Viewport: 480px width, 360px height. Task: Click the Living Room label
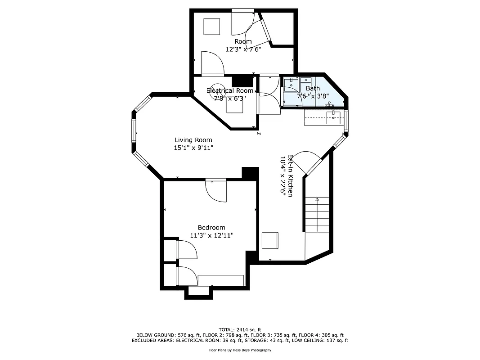point(193,140)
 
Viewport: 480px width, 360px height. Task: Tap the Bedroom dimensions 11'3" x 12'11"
point(211,235)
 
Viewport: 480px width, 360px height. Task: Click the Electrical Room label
point(229,90)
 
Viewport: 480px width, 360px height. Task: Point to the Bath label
point(313,89)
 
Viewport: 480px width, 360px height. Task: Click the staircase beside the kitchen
point(317,215)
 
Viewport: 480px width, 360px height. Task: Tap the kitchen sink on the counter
point(333,118)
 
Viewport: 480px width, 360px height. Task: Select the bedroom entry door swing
point(216,191)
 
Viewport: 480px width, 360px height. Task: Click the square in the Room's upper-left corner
point(211,27)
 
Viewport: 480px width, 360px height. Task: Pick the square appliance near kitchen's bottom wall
point(270,240)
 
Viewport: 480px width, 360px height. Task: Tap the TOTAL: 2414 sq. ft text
point(240,329)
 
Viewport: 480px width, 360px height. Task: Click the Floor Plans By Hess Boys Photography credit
point(240,350)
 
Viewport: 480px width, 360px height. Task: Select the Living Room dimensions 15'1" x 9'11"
point(193,148)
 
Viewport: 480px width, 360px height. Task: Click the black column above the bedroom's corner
point(250,173)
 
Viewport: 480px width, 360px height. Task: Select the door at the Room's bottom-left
point(212,63)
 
